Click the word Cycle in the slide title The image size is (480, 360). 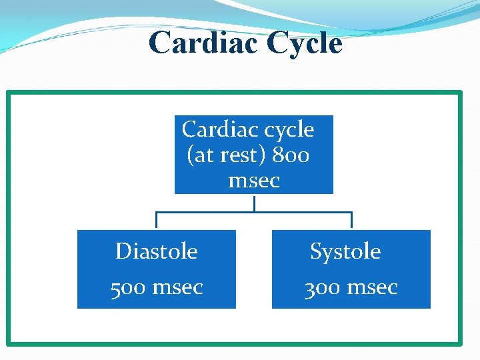pos(304,43)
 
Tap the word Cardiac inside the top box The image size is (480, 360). pos(215,129)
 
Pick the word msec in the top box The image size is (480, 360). pos(254,181)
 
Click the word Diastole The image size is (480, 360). pos(157,251)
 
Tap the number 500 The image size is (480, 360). pos(128,287)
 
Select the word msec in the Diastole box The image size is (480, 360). pos(177,287)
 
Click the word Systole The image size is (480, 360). pos(345,251)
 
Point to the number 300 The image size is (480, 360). pos(323,287)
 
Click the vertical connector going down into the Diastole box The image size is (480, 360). pos(157,221)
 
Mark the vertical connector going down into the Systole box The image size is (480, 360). pos(351,221)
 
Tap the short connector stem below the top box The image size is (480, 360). pos(254,203)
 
